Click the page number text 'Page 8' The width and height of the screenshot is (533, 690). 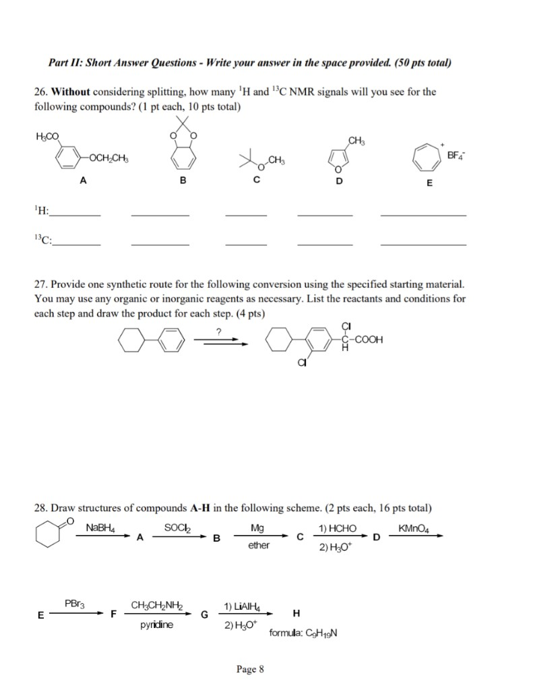coord(250,669)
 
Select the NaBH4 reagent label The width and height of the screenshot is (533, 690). coord(102,527)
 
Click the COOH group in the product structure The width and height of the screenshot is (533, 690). coord(367,340)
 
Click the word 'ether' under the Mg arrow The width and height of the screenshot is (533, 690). coord(258,545)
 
